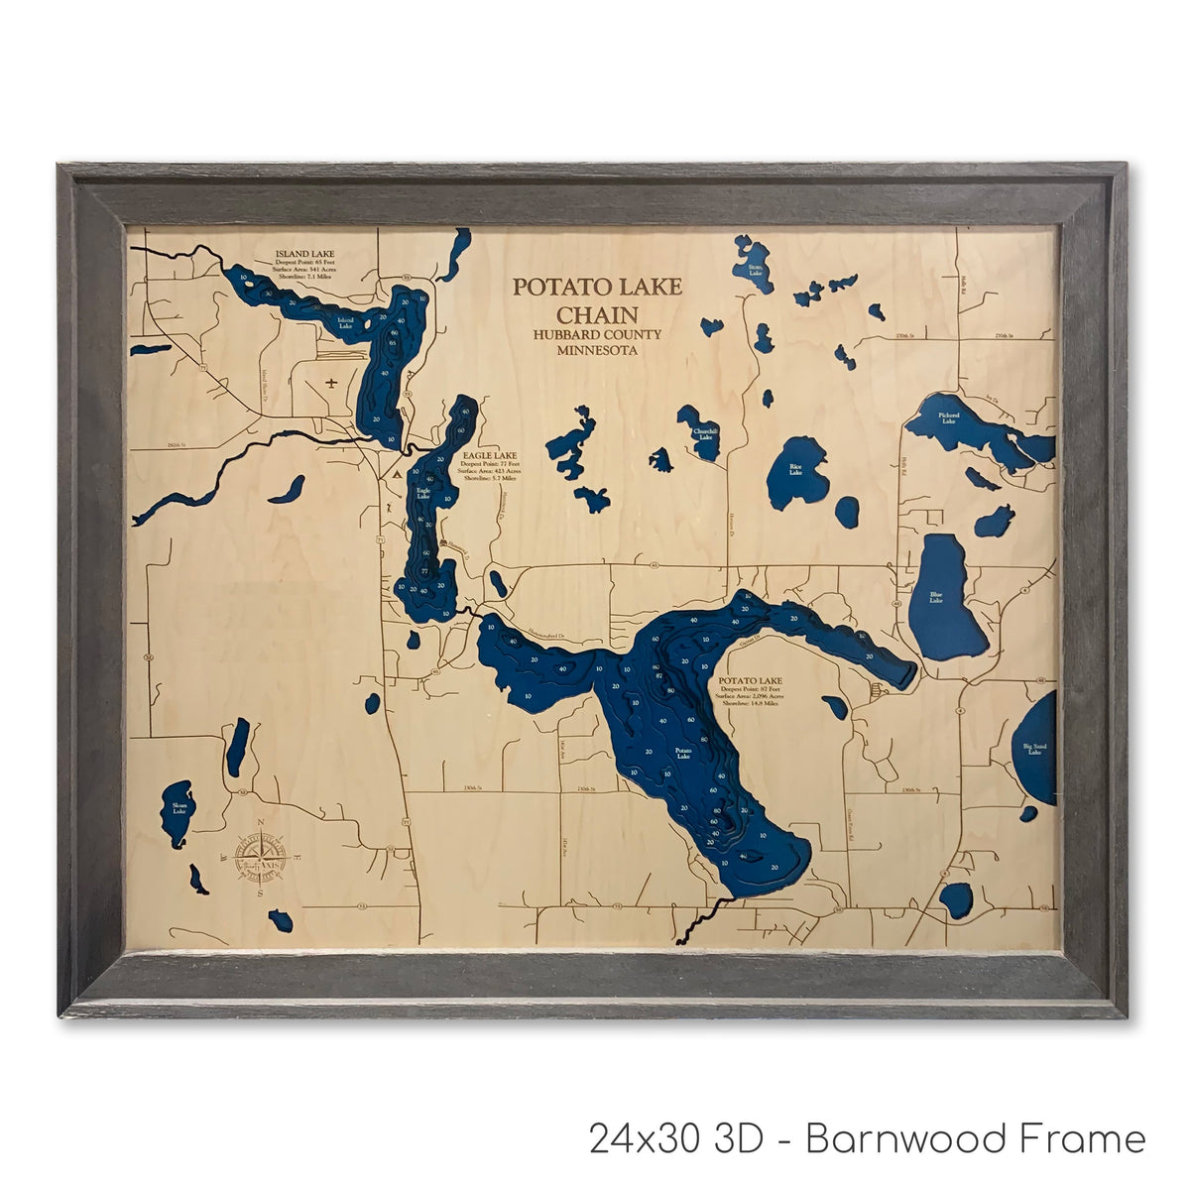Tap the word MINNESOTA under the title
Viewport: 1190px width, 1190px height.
coord(596,351)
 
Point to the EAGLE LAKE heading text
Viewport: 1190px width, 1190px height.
coord(490,455)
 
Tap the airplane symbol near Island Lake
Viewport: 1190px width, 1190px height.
coord(331,381)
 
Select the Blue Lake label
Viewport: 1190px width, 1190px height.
coord(938,598)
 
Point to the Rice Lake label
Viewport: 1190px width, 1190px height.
coord(795,469)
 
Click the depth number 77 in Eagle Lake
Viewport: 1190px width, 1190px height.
coord(424,572)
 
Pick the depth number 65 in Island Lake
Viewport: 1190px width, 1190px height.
coord(393,343)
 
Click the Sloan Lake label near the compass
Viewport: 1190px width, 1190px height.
coord(179,807)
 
